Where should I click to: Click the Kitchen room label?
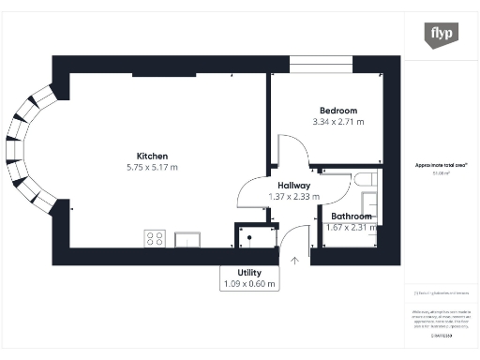(x=152, y=156)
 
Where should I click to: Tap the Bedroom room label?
(x=337, y=111)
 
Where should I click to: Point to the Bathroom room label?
(x=350, y=217)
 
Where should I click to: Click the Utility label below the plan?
(x=248, y=271)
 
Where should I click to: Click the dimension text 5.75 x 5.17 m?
(x=152, y=168)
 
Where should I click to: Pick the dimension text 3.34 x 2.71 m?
(x=337, y=122)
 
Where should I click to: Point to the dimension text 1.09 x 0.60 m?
(x=248, y=283)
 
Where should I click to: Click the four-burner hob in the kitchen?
(x=155, y=237)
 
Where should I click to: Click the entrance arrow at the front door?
(x=296, y=260)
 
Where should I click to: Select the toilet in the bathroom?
(x=365, y=179)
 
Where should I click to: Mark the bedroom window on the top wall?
(x=321, y=63)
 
